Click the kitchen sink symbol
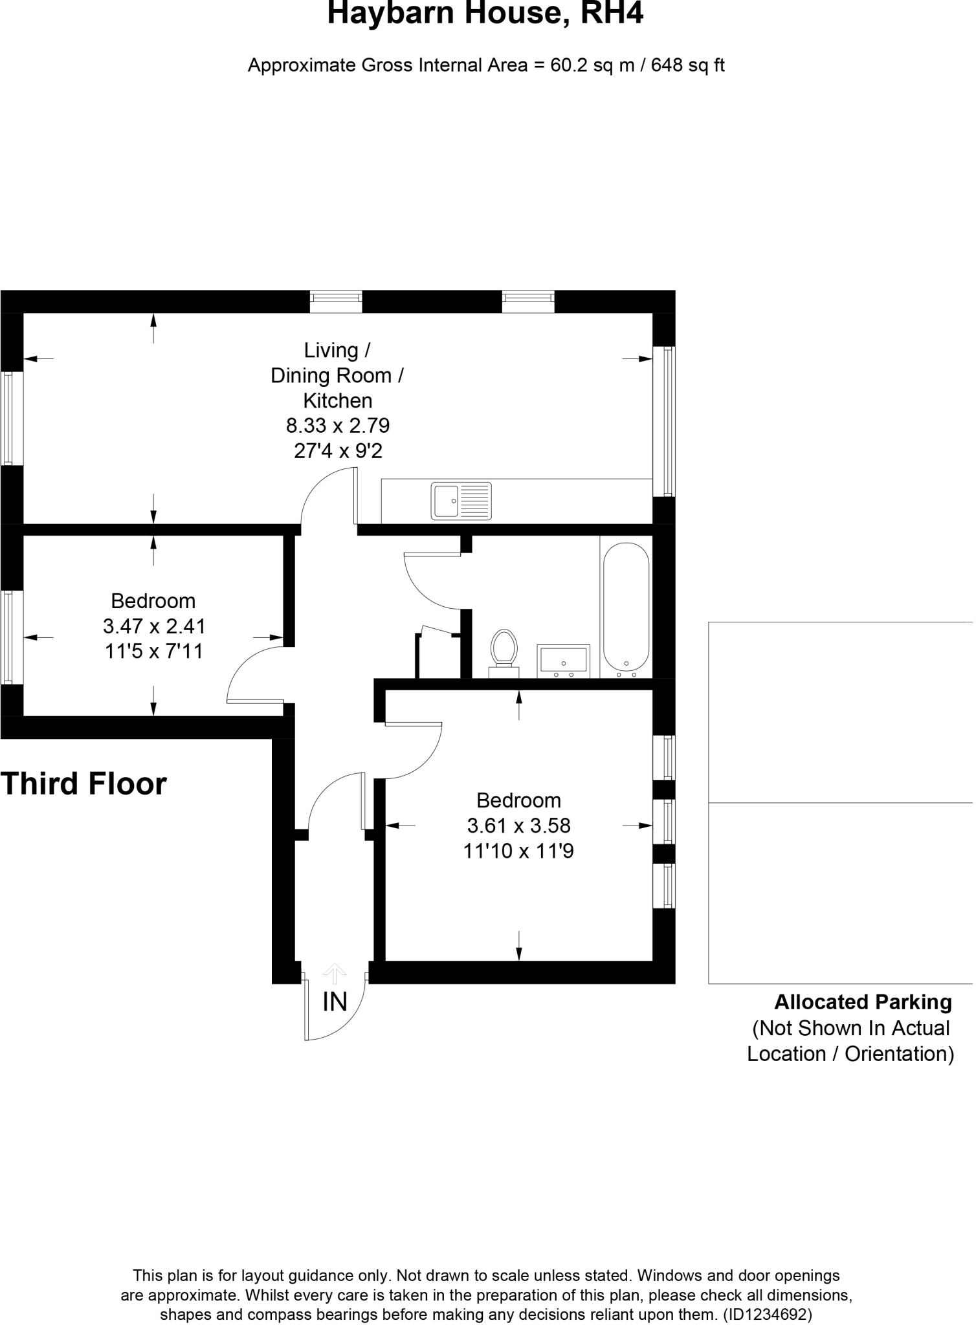[x=461, y=501]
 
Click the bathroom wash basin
[x=563, y=660]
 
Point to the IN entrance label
[x=335, y=1002]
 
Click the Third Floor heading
[x=83, y=783]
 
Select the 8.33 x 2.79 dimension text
[x=338, y=426]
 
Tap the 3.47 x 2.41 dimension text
[x=154, y=626]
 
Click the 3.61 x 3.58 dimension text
[x=518, y=826]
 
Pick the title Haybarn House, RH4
[x=485, y=14]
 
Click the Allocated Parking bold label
[x=863, y=1002]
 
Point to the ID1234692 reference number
[x=767, y=1315]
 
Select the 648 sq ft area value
[x=687, y=65]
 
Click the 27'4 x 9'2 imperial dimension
[x=338, y=451]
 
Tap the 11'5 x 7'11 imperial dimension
[x=154, y=652]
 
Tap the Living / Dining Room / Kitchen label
[x=337, y=375]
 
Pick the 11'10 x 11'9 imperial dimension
[x=518, y=851]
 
